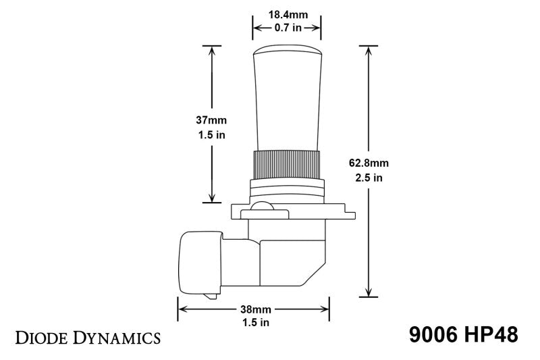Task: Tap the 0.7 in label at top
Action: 286,28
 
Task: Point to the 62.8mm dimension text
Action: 369,163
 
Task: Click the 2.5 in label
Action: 369,178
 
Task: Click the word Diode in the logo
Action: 46,336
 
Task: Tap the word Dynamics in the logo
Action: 120,336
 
